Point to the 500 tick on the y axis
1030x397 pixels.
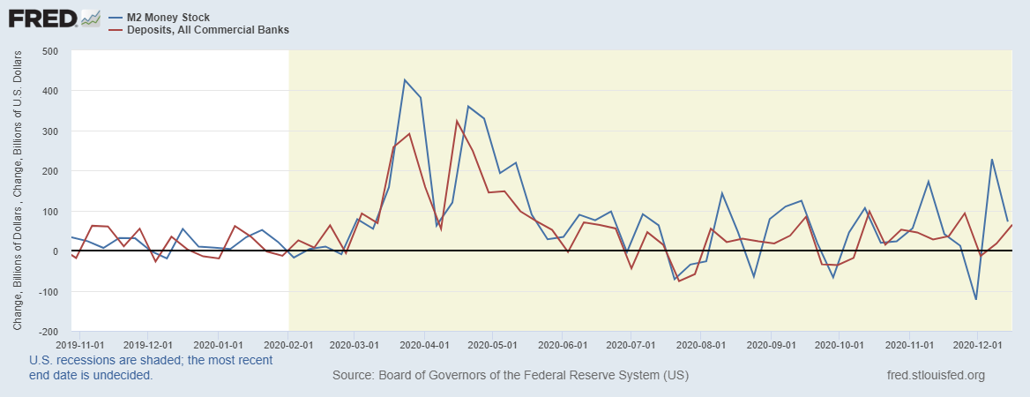point(49,51)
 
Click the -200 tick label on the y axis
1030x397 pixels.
point(48,332)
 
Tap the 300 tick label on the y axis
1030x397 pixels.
point(49,131)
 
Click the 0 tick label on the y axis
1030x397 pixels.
point(55,251)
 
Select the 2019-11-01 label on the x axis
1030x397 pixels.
point(79,345)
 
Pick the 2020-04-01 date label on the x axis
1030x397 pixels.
point(425,345)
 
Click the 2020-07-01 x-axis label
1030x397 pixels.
point(632,345)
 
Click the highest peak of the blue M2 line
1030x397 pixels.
point(405,80)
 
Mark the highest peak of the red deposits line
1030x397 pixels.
point(457,121)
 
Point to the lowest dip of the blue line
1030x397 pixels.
point(976,299)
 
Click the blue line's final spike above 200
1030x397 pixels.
point(992,160)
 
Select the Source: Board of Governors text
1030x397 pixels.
point(511,376)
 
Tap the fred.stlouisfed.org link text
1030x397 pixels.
point(936,376)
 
